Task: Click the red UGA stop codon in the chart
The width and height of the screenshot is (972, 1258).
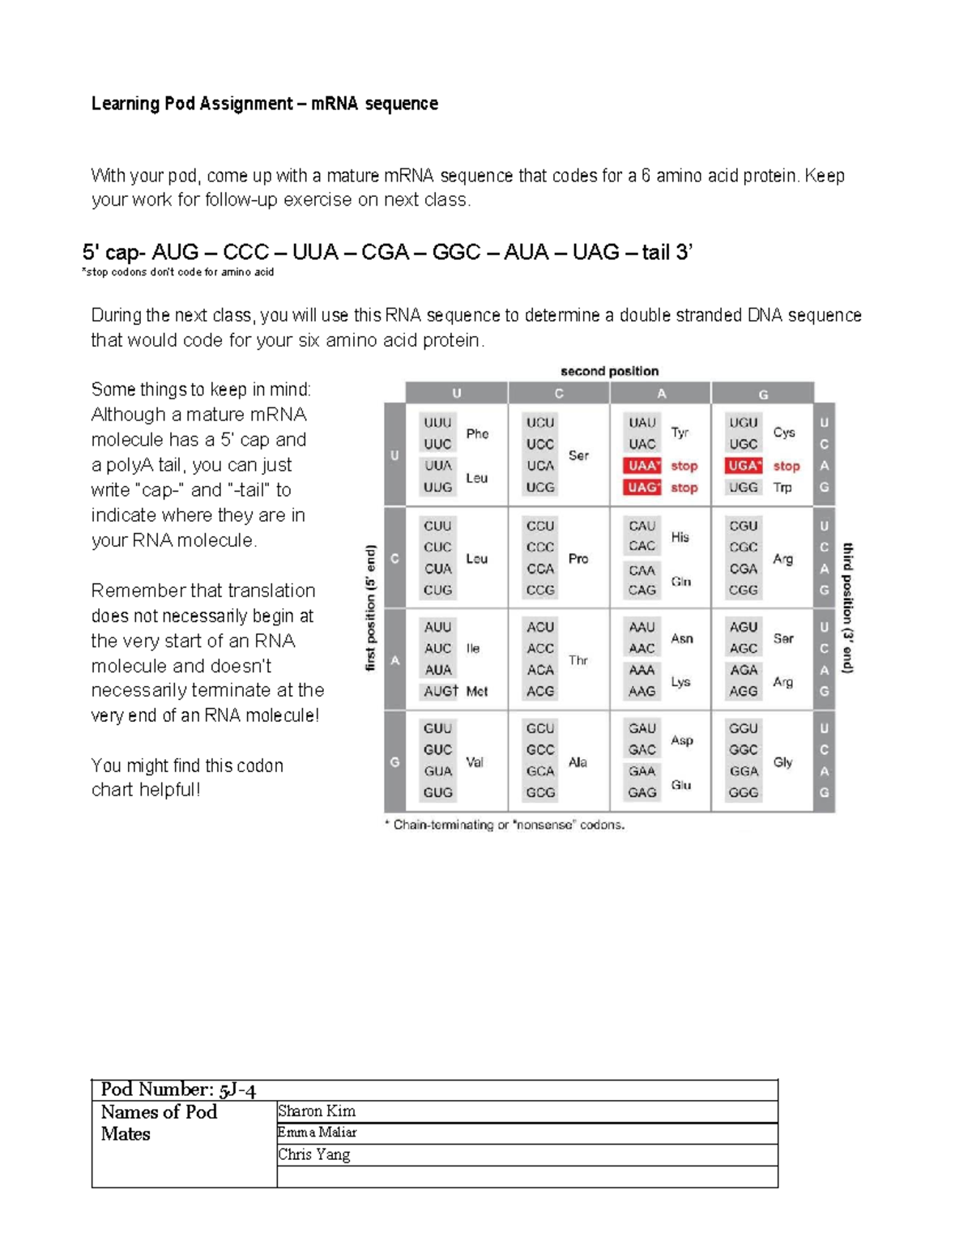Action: click(743, 466)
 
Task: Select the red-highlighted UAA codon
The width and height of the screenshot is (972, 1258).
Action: click(642, 466)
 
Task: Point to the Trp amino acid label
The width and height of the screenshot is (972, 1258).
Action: click(782, 488)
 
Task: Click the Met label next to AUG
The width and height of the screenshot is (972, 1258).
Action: click(477, 691)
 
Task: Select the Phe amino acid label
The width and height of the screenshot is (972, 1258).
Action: click(477, 433)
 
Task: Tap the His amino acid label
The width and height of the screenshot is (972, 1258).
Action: click(680, 537)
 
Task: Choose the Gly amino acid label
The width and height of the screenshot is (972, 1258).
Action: click(782, 762)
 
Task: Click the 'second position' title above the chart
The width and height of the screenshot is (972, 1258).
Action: click(609, 371)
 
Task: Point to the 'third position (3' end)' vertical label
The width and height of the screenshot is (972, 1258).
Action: click(848, 608)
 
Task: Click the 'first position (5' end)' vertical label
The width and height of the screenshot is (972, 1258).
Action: click(371, 608)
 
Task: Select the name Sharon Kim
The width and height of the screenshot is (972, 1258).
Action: click(317, 1111)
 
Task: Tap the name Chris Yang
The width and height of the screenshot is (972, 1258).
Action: click(314, 1154)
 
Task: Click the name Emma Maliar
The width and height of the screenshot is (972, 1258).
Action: click(317, 1132)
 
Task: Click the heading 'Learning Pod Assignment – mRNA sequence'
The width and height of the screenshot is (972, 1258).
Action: click(265, 104)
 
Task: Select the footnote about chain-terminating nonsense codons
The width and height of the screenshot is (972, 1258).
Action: click(504, 825)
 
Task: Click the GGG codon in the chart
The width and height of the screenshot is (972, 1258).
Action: click(743, 793)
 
